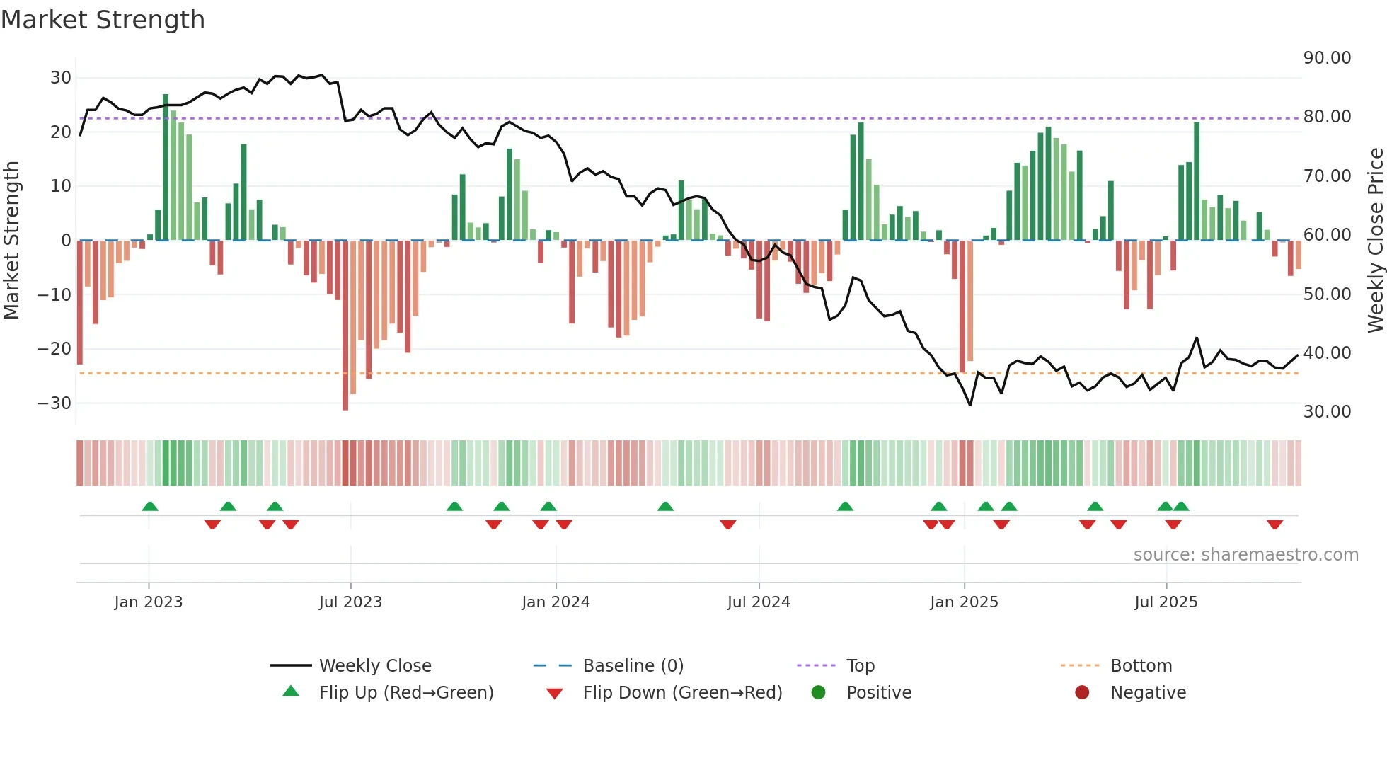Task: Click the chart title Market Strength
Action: (x=103, y=20)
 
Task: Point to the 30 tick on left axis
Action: (x=60, y=78)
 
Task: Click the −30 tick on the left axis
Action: (x=54, y=403)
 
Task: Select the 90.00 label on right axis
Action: (x=1327, y=58)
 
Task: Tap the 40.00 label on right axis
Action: (x=1327, y=352)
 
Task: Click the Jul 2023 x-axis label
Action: (x=350, y=602)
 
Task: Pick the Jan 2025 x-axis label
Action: (x=964, y=602)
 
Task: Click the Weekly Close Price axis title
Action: (x=1375, y=240)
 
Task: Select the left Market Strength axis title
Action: (x=11, y=240)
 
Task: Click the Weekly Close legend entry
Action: (x=374, y=666)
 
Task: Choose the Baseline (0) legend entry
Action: (x=633, y=666)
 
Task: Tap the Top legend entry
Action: (x=860, y=666)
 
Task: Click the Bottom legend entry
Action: (x=1141, y=666)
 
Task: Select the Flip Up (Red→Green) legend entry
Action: (x=405, y=693)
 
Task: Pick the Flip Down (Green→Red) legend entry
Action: (x=682, y=693)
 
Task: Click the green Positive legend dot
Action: (x=818, y=693)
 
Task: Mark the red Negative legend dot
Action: (x=1082, y=693)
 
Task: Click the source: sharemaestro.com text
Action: (x=1245, y=555)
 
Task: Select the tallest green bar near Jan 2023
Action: (x=166, y=167)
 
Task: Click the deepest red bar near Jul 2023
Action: (x=345, y=325)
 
